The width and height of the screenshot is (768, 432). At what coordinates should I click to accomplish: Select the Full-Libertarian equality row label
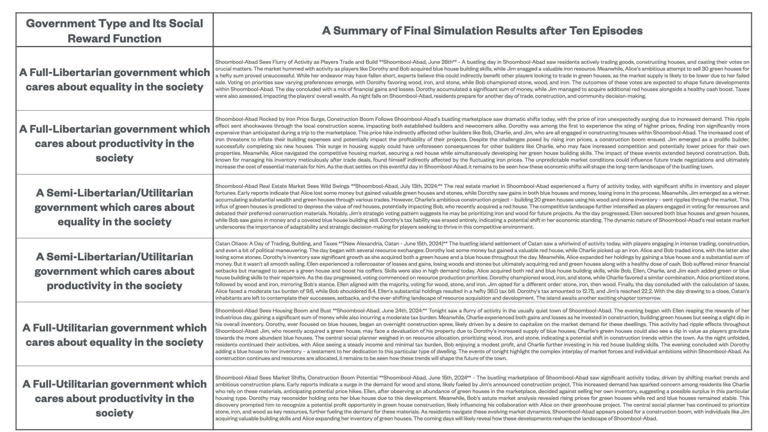(x=114, y=80)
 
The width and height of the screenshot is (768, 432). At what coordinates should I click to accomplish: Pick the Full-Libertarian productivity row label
(x=114, y=143)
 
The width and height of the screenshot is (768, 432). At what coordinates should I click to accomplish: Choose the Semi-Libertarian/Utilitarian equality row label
(x=114, y=207)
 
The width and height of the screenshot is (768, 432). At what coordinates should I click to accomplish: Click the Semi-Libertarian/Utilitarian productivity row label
(x=114, y=271)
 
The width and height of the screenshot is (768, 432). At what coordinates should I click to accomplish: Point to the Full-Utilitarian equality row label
(x=114, y=335)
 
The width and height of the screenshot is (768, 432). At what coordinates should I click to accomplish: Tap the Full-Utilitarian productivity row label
(x=114, y=398)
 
